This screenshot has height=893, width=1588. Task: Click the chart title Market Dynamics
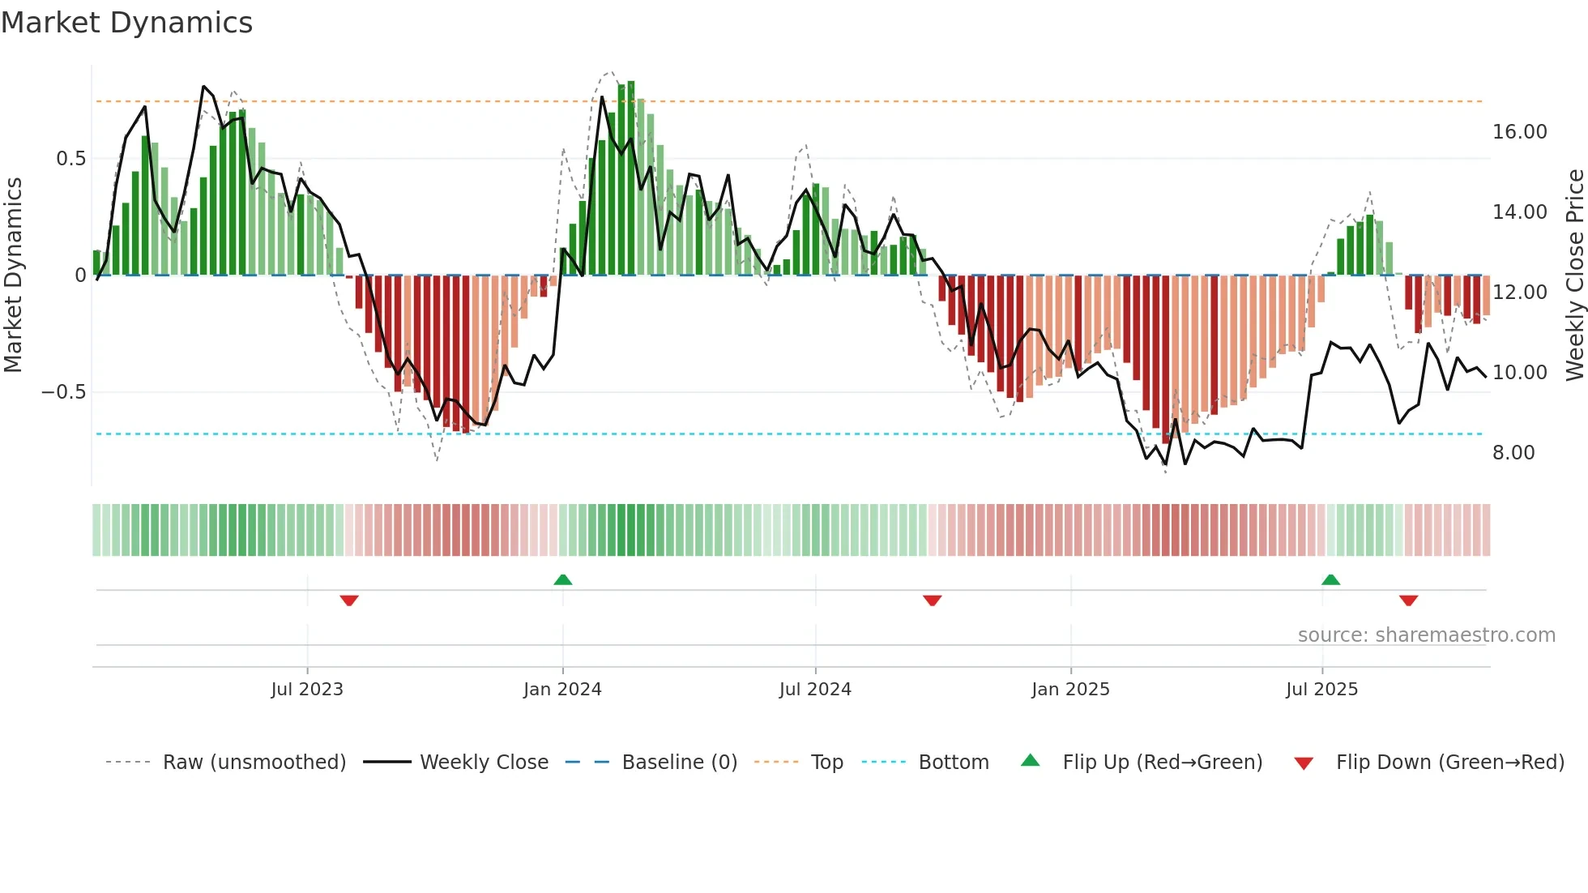point(126,23)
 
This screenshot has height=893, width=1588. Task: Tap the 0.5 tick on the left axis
point(70,159)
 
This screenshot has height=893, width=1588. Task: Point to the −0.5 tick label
point(63,392)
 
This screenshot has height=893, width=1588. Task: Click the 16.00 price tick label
point(1519,132)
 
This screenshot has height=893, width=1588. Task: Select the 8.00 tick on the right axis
point(1513,453)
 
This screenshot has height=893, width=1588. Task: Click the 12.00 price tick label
point(1519,293)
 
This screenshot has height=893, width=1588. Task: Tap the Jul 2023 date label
point(307,690)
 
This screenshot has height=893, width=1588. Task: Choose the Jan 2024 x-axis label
point(562,690)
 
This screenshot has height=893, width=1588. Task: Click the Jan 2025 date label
point(1070,690)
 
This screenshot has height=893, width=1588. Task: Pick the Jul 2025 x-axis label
point(1321,690)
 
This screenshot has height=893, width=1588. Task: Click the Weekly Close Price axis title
point(1574,275)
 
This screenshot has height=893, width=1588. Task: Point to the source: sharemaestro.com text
point(1426,635)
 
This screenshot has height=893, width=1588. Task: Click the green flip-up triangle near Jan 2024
point(562,579)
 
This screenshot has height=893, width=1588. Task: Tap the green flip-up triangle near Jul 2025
point(1330,579)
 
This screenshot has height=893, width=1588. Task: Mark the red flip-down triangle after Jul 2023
point(349,600)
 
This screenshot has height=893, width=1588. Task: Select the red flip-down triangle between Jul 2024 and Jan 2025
point(932,600)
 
